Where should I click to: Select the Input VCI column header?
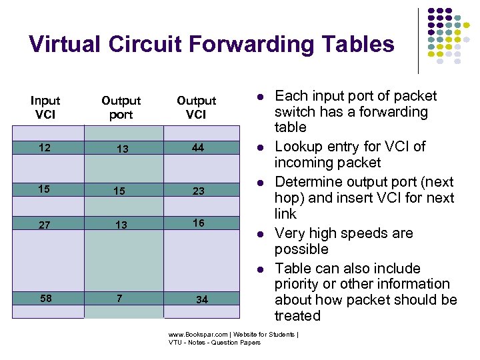(x=45, y=107)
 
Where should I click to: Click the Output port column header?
(x=121, y=107)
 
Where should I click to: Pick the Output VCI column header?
(x=196, y=107)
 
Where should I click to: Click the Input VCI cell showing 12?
(x=44, y=147)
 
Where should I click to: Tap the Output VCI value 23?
(x=199, y=191)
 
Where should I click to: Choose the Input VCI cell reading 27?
(x=44, y=225)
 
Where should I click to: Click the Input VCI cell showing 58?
(x=45, y=298)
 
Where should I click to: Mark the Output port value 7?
(x=119, y=298)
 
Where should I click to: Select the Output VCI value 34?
(x=201, y=299)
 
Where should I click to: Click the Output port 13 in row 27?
(x=121, y=225)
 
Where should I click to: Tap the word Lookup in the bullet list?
(x=298, y=147)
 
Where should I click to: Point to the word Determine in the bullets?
(x=307, y=182)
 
